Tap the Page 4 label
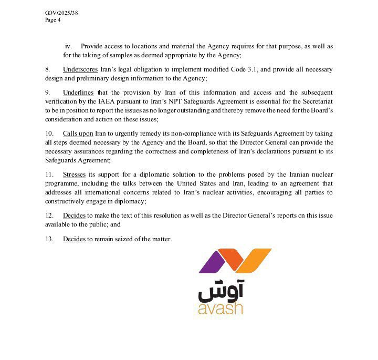click(x=53, y=20)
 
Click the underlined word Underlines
click(x=79, y=92)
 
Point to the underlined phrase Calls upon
click(x=78, y=133)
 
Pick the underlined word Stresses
click(x=75, y=174)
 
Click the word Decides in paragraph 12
click(x=74, y=215)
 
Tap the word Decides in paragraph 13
click(x=74, y=239)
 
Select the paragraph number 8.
click(x=48, y=69)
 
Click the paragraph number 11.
click(x=49, y=174)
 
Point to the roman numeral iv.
click(x=68, y=46)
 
